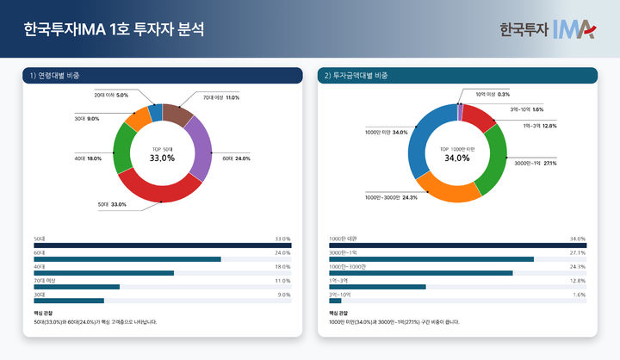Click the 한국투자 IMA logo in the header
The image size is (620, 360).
tap(547, 28)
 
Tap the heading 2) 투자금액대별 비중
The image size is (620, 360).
tap(356, 76)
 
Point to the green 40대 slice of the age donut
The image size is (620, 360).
tap(124, 147)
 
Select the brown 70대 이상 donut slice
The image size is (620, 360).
tap(177, 114)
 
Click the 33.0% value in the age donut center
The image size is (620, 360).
tap(162, 158)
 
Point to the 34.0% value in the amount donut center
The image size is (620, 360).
tap(457, 158)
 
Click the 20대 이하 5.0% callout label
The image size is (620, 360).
tap(111, 95)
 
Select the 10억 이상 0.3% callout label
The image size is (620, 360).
tap(493, 94)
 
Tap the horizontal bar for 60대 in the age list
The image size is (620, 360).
tap(127, 258)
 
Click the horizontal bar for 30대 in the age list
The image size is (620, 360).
tap(68, 301)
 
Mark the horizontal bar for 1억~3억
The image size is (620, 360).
tap(377, 287)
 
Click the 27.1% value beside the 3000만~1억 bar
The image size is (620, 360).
tap(577, 252)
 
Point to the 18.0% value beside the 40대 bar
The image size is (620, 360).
tap(282, 267)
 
